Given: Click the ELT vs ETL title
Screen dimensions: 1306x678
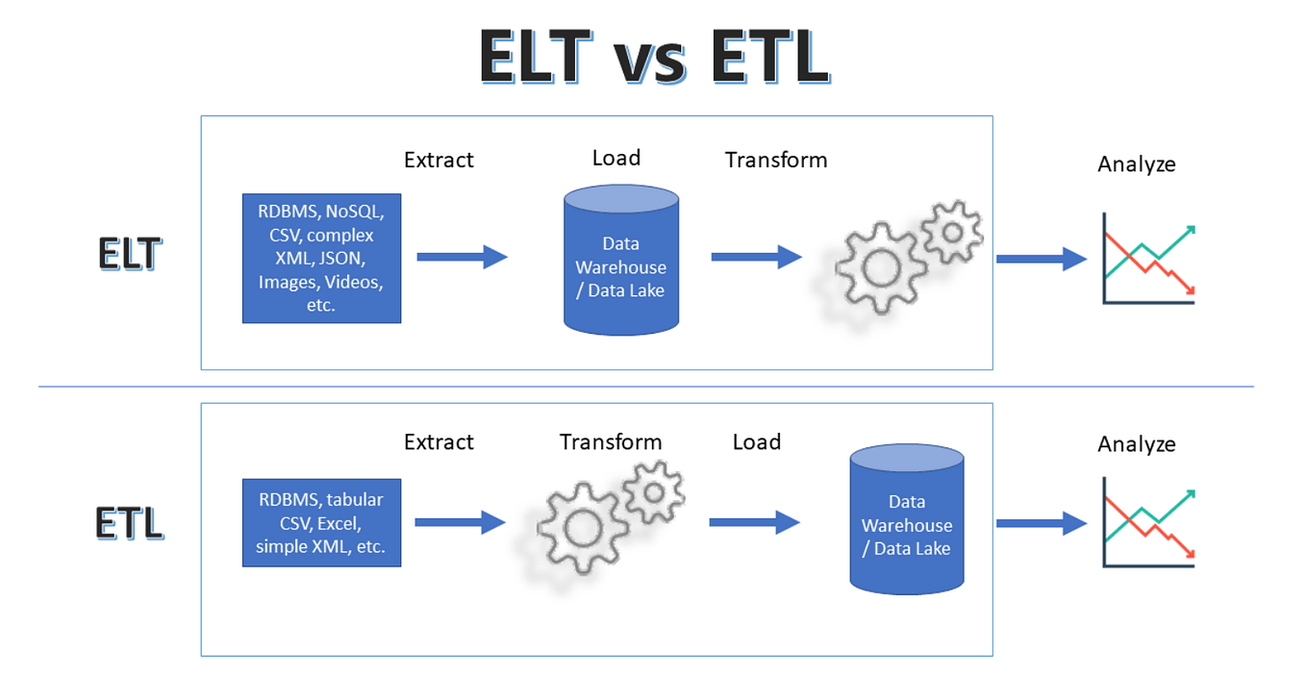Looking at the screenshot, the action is [654, 57].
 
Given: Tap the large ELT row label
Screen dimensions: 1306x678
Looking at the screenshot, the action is [130, 254].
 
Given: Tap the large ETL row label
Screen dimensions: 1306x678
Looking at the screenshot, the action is [130, 523].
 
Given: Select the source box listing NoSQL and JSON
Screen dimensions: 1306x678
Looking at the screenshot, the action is [322, 259].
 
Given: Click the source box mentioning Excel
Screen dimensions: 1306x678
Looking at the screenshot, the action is [322, 523].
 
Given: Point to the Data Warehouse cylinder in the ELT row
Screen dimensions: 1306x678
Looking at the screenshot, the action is [621, 260].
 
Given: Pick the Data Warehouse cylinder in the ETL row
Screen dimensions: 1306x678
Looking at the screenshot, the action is [907, 519].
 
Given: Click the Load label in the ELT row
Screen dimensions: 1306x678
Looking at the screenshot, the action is [616, 158].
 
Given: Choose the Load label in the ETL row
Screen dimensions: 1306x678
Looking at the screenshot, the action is [757, 441].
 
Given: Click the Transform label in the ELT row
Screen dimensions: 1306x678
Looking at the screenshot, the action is [776, 160].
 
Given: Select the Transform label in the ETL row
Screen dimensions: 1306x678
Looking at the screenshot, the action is [611, 441].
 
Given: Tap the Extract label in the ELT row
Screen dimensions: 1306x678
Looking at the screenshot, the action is [440, 160].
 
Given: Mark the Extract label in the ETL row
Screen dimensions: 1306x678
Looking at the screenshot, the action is [440, 441].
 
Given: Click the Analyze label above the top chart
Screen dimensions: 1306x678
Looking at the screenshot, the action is [1137, 164].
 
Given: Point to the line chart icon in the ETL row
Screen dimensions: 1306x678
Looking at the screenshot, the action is [1148, 522].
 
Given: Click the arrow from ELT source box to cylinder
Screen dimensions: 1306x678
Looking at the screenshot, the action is [463, 257].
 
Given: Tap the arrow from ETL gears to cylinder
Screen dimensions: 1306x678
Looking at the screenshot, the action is [754, 522].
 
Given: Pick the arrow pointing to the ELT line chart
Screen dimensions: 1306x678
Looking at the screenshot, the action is [1042, 259].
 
